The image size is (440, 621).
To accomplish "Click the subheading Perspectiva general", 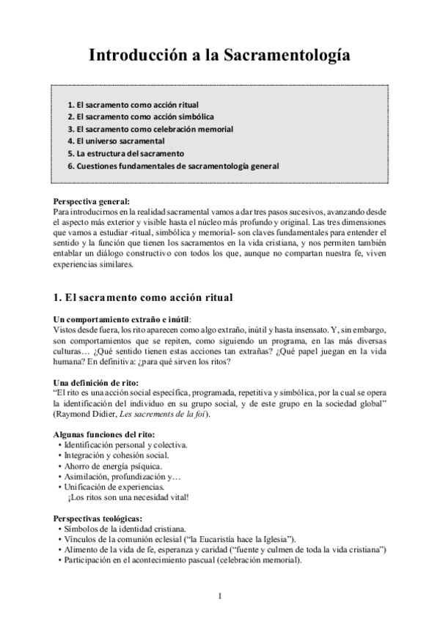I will click(92, 201).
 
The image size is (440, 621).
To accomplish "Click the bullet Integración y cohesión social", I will click(116, 455).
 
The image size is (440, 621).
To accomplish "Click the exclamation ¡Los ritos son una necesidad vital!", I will click(128, 497).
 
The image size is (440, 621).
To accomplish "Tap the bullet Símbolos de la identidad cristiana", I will click(125, 529).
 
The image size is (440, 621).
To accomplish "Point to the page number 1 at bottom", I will click(219, 595).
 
